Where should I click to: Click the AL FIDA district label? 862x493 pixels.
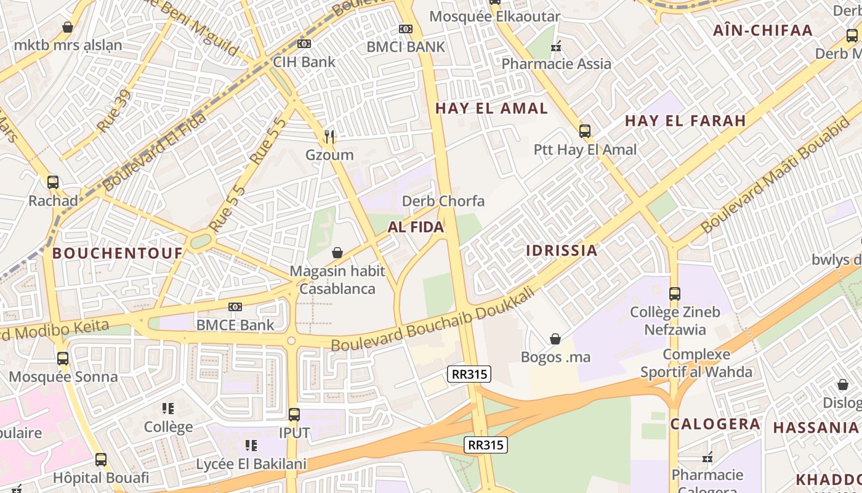tap(416, 227)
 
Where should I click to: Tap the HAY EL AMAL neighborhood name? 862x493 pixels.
tap(491, 108)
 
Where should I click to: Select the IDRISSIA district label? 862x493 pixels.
tap(562, 250)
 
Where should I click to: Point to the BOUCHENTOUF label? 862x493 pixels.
tap(118, 253)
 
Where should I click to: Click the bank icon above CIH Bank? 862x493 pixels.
tap(304, 44)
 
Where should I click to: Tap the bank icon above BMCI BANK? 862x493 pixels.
tap(405, 29)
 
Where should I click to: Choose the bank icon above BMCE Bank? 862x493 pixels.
tap(235, 307)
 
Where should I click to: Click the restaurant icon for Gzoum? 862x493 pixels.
tap(330, 136)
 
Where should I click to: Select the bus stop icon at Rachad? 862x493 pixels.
tap(53, 182)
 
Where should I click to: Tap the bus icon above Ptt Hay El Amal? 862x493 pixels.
tap(585, 131)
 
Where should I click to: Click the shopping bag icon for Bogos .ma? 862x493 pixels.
tap(555, 339)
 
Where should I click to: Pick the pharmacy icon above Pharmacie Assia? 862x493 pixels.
tap(557, 46)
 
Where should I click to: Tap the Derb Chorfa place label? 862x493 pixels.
tap(443, 201)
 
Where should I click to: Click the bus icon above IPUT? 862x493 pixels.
tap(294, 415)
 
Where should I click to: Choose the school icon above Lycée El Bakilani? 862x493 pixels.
tap(251, 446)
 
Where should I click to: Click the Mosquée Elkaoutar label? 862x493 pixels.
tap(494, 17)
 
